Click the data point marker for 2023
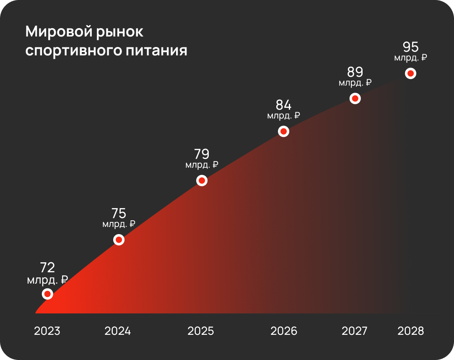[48, 294]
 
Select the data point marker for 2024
[119, 240]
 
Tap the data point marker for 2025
[202, 180]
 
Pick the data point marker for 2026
[284, 131]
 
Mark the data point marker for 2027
[355, 98]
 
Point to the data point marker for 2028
[410, 73]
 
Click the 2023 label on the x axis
[47, 331]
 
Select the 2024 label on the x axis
[118, 331]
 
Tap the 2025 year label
[201, 331]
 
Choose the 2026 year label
[284, 331]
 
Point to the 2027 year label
[354, 331]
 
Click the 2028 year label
[410, 331]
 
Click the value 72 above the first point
[47, 267]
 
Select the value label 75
[119, 213]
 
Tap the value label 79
[202, 154]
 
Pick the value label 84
[283, 105]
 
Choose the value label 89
[355, 72]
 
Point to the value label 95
[410, 47]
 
